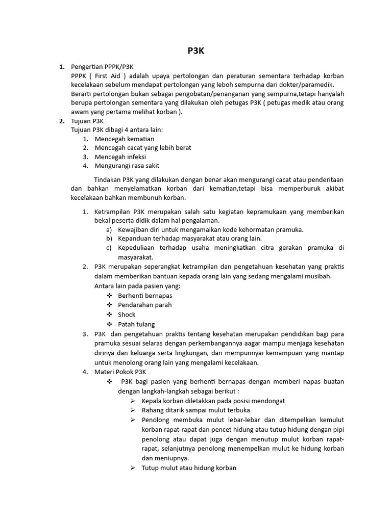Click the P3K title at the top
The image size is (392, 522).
click(x=196, y=51)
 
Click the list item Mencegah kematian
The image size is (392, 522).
click(x=124, y=139)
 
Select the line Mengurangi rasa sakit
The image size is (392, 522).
click(x=127, y=166)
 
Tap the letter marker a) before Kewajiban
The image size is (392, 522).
click(x=109, y=229)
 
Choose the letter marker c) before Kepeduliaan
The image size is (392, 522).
click(x=109, y=248)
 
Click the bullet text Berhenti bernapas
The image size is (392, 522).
click(x=145, y=296)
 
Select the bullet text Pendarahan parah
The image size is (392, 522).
click(x=144, y=305)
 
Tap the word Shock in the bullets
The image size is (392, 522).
click(x=127, y=315)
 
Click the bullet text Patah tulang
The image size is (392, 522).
click(x=136, y=324)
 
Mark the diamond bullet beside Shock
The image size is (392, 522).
click(x=109, y=315)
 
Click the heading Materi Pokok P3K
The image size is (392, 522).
click(x=120, y=372)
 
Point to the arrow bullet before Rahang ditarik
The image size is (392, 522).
click(x=133, y=410)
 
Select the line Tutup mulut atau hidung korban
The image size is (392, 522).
click(x=189, y=468)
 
